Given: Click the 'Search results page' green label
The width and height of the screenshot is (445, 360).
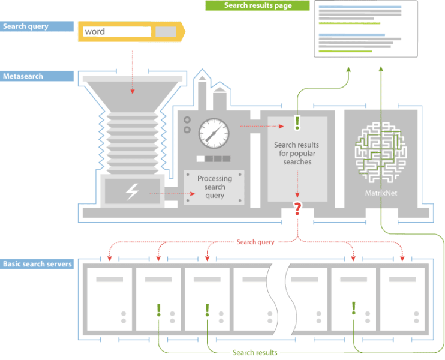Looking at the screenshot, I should (x=257, y=5).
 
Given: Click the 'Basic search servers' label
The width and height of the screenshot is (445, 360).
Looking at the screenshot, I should (x=38, y=264).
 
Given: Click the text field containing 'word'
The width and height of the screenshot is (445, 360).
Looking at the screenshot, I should (x=117, y=31).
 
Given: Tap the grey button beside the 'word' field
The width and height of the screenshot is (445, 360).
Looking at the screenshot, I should (x=166, y=31).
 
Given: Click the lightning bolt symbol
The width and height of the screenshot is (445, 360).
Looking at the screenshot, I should (x=131, y=191).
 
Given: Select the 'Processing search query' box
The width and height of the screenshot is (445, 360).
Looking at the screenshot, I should (x=214, y=187).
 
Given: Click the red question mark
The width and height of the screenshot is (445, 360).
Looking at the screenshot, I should (x=297, y=209).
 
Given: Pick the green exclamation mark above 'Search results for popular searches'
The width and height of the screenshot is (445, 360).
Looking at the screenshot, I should (x=297, y=124).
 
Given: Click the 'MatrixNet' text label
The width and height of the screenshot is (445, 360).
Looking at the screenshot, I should (x=381, y=193).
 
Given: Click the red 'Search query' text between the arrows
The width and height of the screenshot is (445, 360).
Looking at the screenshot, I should (x=255, y=242).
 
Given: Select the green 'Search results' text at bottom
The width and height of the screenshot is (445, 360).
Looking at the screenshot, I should (x=255, y=353).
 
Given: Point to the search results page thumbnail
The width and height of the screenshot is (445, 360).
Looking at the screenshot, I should (x=366, y=29).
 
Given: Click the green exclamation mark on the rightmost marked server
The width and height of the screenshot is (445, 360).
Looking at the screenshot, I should (x=354, y=308).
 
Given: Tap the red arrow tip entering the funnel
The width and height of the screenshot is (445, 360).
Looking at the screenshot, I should (x=133, y=93).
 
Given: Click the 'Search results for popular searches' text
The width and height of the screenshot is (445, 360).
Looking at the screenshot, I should (x=297, y=154).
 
